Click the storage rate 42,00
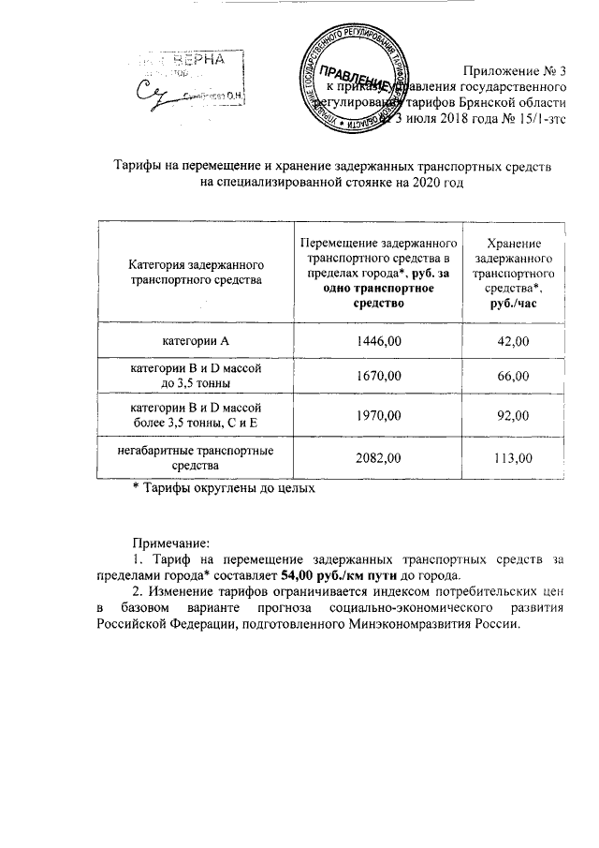click(514, 340)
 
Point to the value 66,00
click(514, 377)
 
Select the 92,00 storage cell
click(514, 419)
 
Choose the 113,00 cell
click(514, 458)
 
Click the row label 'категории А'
click(195, 340)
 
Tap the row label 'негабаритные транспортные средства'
click(195, 458)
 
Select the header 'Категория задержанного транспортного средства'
click(195, 273)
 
